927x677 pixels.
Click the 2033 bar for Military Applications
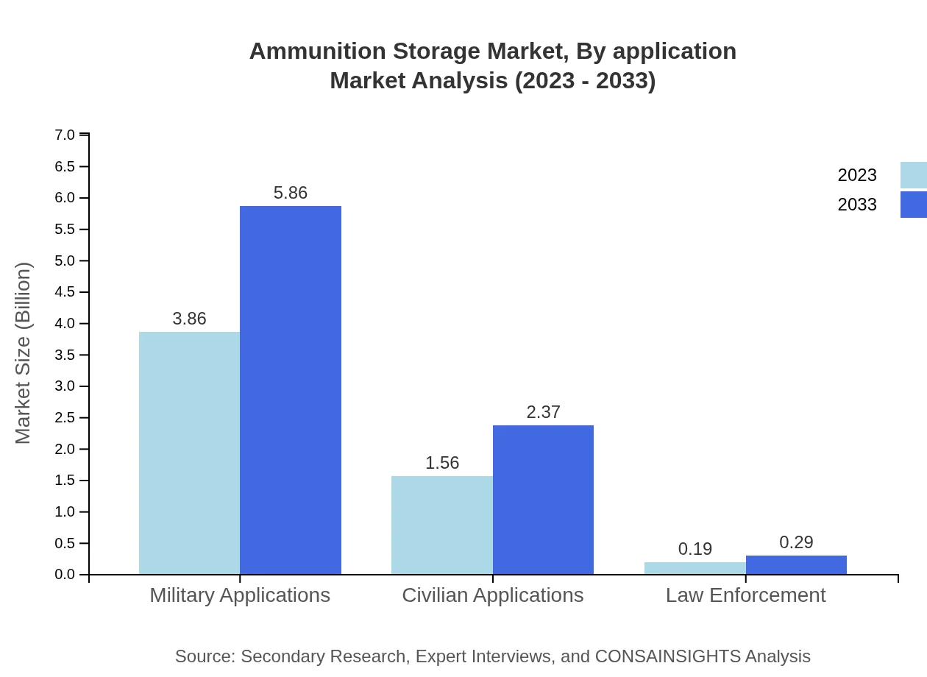coord(291,390)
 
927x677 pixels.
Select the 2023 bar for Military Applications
coord(189,453)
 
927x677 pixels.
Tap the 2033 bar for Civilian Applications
coord(543,500)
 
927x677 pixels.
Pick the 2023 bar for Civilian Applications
coord(441,525)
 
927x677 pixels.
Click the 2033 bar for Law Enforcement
coord(796,565)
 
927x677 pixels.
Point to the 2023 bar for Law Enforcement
coord(695,568)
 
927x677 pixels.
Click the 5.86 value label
coord(291,193)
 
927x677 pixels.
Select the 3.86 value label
coord(189,319)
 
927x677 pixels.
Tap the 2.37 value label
coord(543,412)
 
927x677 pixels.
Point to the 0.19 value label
coord(695,549)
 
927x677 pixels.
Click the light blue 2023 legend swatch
coord(913,175)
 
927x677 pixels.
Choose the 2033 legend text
coord(857,205)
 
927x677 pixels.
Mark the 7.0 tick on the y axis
coord(65,135)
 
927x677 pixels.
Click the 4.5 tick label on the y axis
coord(65,292)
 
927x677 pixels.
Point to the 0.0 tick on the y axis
coord(65,575)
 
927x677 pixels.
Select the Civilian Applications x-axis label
coord(492,595)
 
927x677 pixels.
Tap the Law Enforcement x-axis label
coord(745,595)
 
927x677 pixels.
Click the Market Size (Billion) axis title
coord(23,353)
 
